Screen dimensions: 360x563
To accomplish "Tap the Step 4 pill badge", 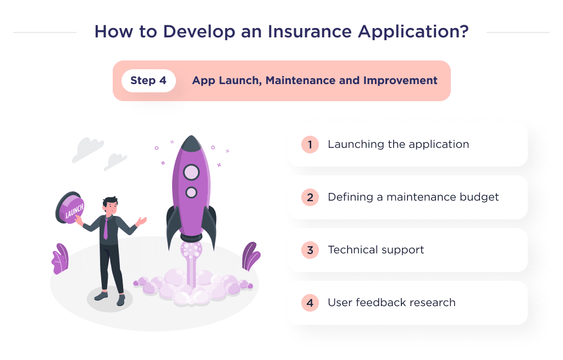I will click(x=148, y=81).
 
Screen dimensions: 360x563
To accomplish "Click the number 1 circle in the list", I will click(x=310, y=145).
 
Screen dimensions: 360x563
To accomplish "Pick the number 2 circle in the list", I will click(x=310, y=197).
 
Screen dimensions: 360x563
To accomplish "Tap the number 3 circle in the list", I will click(x=310, y=250).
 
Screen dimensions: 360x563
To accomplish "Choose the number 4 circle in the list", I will click(x=310, y=303).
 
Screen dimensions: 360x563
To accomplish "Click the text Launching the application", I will click(x=398, y=145).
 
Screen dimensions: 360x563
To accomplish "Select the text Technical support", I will click(x=376, y=250).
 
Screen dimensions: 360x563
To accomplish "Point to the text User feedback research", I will click(x=391, y=303).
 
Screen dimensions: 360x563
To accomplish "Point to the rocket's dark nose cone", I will click(x=191, y=145).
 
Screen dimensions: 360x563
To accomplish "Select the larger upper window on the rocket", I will click(x=191, y=172).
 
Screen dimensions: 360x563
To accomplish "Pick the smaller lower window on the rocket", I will click(x=191, y=192).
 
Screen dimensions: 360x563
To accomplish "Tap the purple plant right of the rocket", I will click(x=251, y=256).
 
